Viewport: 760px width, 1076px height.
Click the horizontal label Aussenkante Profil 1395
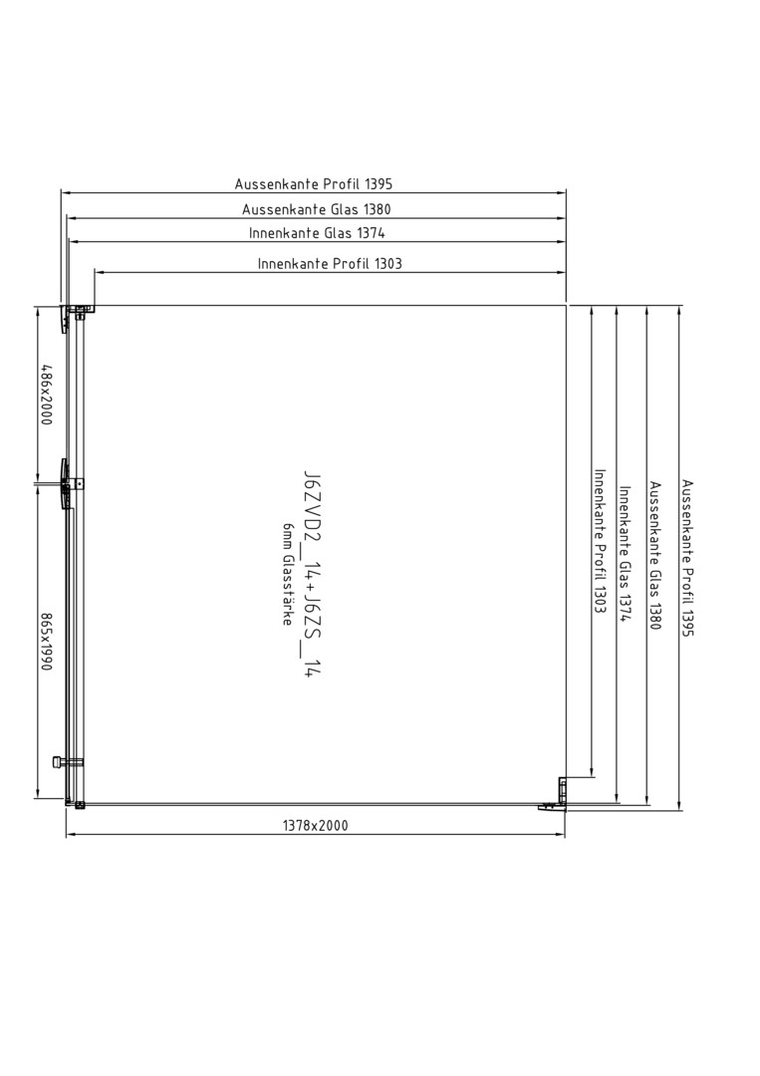click(x=314, y=184)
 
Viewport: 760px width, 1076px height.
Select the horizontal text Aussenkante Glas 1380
click(x=316, y=209)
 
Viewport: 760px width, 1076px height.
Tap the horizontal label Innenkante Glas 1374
click(x=317, y=233)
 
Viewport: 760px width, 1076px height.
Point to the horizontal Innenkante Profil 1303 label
click(x=330, y=263)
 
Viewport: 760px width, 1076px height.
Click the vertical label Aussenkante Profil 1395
click(x=688, y=558)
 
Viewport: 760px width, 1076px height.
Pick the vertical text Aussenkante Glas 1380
click(x=655, y=556)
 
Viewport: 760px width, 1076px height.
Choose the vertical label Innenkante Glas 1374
click(x=625, y=554)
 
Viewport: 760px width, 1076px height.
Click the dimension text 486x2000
click(x=46, y=395)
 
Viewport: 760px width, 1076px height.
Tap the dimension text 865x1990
click(x=46, y=642)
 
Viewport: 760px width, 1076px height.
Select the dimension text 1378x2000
click(x=316, y=826)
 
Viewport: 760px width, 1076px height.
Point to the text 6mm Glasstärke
click(x=287, y=574)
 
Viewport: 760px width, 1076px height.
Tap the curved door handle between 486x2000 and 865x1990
click(x=65, y=484)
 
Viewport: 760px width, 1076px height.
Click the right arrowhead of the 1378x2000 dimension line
click(x=560, y=835)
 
